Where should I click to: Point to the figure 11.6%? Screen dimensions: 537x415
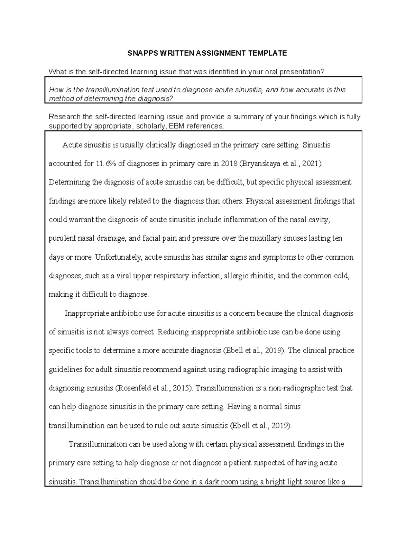point(105,164)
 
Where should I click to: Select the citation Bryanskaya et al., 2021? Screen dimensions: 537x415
point(280,164)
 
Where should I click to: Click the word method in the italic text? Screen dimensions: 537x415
point(60,99)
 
